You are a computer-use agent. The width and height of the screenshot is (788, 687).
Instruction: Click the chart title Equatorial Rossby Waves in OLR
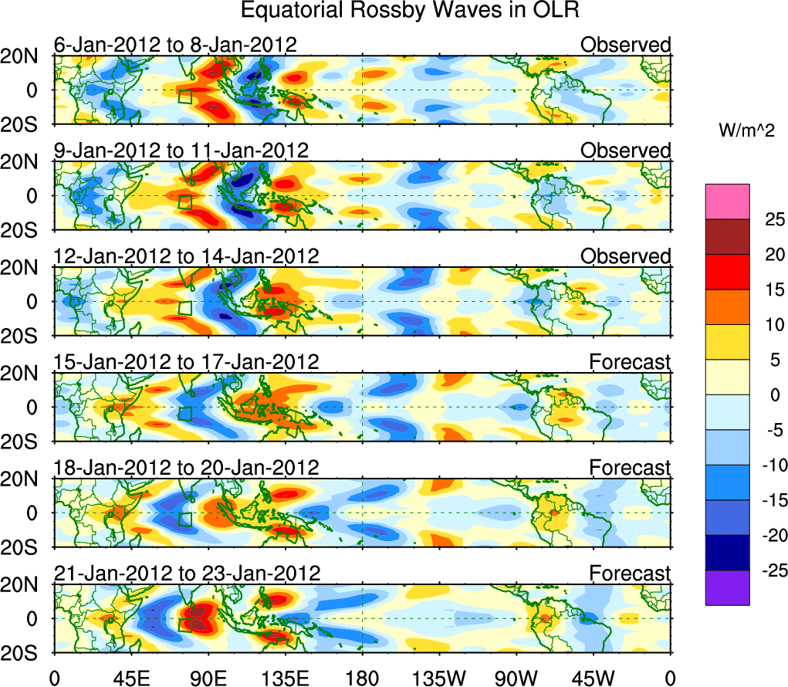[x=410, y=11]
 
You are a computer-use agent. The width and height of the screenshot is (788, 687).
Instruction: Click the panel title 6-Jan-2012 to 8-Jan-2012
[x=175, y=45]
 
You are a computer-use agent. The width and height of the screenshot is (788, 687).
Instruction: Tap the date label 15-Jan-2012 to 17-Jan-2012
[x=186, y=361]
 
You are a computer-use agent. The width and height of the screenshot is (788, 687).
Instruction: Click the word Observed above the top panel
[x=625, y=45]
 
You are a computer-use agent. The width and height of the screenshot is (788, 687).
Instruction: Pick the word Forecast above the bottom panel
[x=630, y=573]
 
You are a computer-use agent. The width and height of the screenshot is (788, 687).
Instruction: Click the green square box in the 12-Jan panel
[x=184, y=307]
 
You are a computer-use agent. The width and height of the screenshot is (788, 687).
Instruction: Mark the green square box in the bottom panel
[x=184, y=624]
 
